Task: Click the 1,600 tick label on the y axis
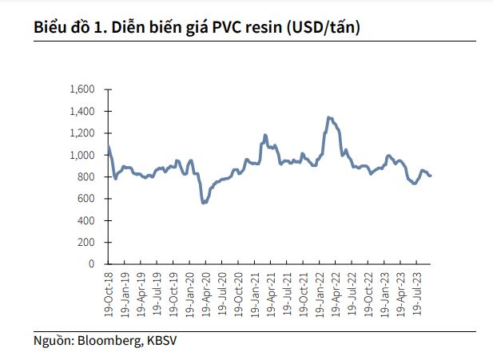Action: pos(83,89)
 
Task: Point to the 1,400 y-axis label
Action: pos(83,111)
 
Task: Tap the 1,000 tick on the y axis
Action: pos(83,155)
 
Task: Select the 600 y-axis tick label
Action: pos(87,198)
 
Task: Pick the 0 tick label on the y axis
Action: pos(92,263)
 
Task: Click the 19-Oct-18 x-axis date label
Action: pos(109,294)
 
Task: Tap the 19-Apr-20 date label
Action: pos(206,294)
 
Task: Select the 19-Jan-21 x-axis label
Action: pos(256,294)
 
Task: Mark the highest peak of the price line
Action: pos(328,117)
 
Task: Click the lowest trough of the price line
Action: pos(203,203)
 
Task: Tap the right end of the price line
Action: pos(431,176)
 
